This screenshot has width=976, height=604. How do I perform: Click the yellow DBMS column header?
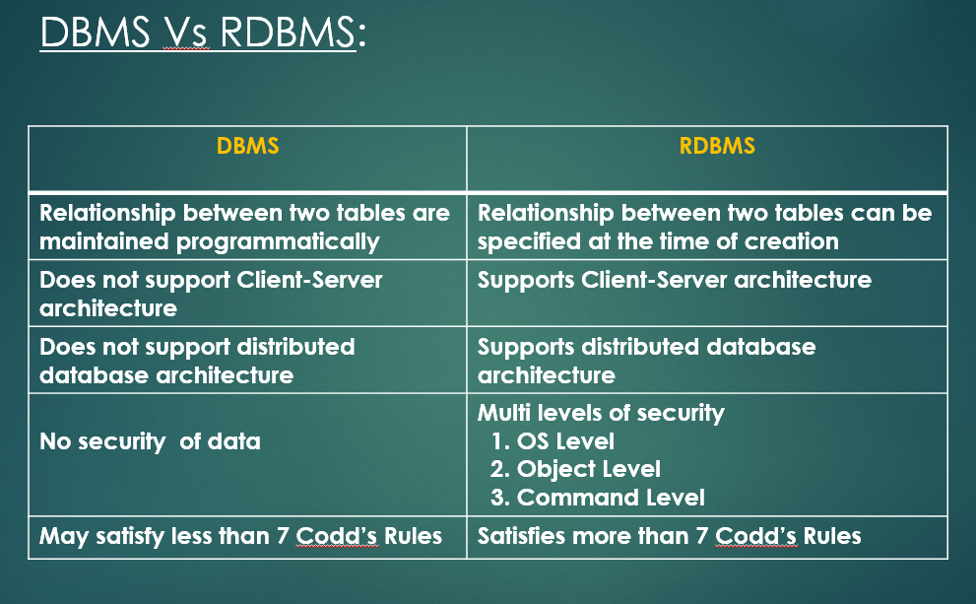[x=247, y=147]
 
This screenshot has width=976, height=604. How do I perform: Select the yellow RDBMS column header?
[x=717, y=147]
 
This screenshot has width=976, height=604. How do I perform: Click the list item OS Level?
[x=553, y=440]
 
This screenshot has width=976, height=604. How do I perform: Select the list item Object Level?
[x=576, y=469]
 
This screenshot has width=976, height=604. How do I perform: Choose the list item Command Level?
[x=598, y=498]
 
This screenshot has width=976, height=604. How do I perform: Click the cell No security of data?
[x=150, y=441]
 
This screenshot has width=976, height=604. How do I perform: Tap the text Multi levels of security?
[x=601, y=413]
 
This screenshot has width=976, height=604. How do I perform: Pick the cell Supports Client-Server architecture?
[x=675, y=280]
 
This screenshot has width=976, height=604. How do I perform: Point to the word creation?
[x=793, y=241]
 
